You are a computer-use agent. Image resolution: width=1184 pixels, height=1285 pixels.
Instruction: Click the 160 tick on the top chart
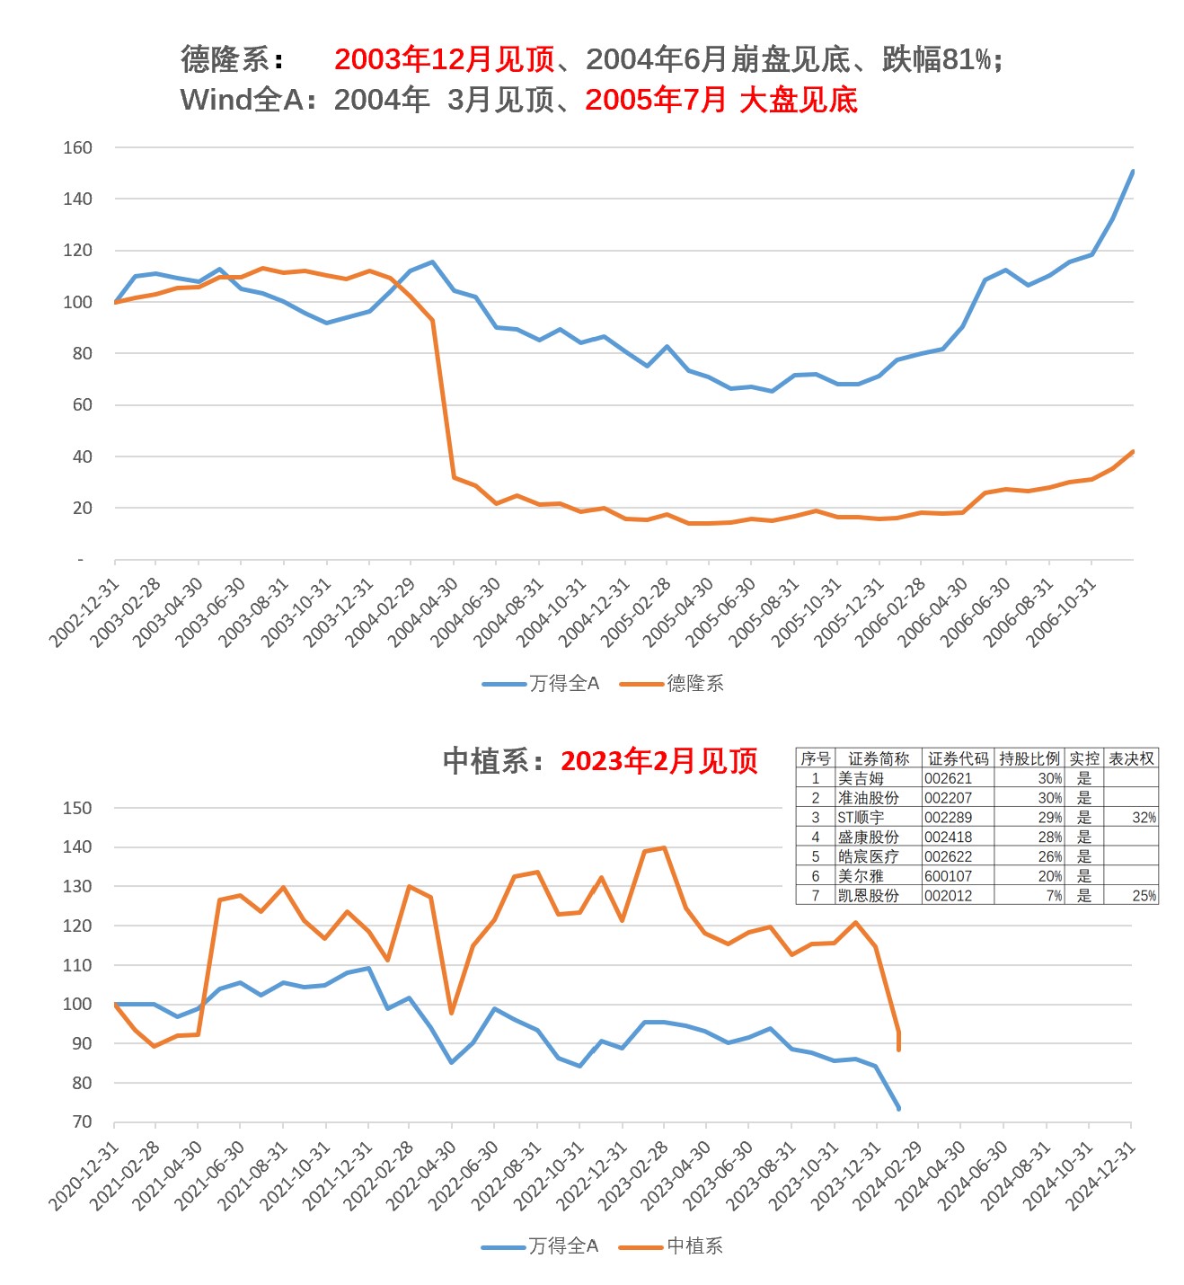(78, 147)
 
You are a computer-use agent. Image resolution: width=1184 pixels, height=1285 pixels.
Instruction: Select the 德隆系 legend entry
(694, 684)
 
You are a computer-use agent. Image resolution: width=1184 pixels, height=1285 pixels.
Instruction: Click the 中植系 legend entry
(694, 1246)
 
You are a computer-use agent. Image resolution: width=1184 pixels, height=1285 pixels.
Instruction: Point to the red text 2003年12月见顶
(445, 59)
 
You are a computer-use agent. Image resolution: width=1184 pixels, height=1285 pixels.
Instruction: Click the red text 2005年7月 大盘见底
(721, 100)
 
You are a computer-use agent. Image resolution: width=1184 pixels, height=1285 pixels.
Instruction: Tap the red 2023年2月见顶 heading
(659, 761)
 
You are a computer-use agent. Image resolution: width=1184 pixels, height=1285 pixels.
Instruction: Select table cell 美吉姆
(861, 778)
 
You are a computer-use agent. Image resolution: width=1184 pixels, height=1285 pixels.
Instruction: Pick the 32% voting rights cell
(1144, 818)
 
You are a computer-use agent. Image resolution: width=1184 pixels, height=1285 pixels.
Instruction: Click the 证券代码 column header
(958, 758)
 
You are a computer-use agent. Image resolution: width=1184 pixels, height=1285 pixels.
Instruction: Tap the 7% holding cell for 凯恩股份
(1053, 896)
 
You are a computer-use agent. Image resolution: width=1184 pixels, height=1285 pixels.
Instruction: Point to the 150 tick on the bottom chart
(78, 808)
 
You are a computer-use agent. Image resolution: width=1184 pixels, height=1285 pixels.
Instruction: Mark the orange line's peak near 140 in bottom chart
(664, 847)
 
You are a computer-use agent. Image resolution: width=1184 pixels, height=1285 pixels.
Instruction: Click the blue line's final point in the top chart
(1133, 171)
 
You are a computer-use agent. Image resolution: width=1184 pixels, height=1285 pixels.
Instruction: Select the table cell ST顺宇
(861, 818)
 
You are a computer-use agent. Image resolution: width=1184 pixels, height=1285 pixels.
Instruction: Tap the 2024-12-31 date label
(1102, 1174)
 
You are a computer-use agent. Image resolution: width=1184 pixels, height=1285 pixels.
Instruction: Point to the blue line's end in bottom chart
(898, 1108)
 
